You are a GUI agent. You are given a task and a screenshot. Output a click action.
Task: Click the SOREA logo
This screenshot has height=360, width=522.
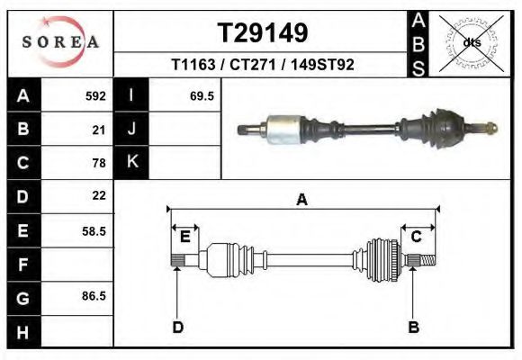[60, 42]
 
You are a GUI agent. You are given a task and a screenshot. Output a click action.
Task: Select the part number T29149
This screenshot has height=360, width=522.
[263, 32]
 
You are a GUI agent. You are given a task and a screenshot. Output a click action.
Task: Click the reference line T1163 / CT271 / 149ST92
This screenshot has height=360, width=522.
[263, 65]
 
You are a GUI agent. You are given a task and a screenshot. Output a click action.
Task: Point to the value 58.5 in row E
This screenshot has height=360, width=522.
[94, 230]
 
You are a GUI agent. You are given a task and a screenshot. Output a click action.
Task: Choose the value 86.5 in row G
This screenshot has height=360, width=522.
[94, 296]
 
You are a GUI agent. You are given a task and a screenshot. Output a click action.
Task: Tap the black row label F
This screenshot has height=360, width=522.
[22, 265]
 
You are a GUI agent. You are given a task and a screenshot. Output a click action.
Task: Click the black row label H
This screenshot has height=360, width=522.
[22, 331]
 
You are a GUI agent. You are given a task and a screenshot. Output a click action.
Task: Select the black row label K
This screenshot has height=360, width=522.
[131, 162]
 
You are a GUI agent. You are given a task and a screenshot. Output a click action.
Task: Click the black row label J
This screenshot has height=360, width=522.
[131, 130]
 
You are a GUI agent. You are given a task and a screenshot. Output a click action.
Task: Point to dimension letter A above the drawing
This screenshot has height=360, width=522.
[302, 200]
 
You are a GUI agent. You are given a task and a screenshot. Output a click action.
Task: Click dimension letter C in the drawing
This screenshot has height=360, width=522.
[417, 236]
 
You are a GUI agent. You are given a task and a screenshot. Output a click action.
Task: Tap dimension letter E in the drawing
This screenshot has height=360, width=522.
[185, 236]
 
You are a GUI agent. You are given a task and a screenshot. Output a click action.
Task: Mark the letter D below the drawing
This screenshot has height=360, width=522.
[177, 327]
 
